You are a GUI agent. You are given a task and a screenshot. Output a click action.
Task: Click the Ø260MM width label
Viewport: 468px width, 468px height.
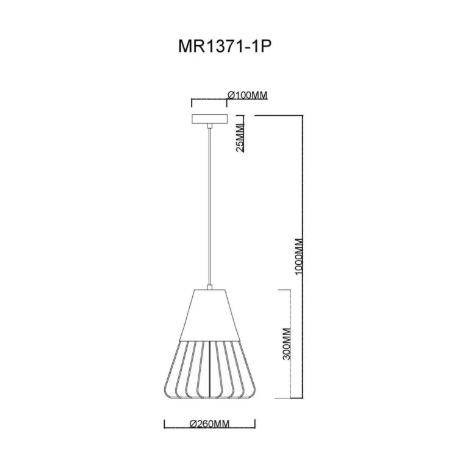pyautogui.click(x=209, y=423)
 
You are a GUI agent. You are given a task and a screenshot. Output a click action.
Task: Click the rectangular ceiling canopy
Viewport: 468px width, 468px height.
pyautogui.click(x=209, y=120)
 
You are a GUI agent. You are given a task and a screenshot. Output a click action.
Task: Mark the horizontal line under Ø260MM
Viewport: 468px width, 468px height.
pyautogui.click(x=209, y=428)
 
